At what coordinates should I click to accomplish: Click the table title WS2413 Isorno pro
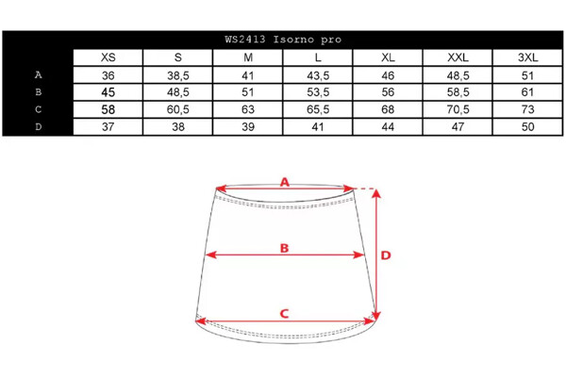pyautogui.click(x=283, y=40)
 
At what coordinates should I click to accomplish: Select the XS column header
pyautogui.click(x=108, y=57)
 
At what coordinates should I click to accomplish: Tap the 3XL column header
pyautogui.click(x=527, y=57)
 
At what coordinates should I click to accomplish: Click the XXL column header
pyautogui.click(x=458, y=57)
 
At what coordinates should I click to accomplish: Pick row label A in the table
pyautogui.click(x=39, y=75)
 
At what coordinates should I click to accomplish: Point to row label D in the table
pyautogui.click(x=39, y=127)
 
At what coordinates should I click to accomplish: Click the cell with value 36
pyautogui.click(x=108, y=75)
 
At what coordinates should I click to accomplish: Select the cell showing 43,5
pyautogui.click(x=318, y=75)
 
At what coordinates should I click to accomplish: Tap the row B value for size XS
pyautogui.click(x=108, y=92)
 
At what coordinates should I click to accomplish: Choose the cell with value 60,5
pyautogui.click(x=178, y=109)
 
